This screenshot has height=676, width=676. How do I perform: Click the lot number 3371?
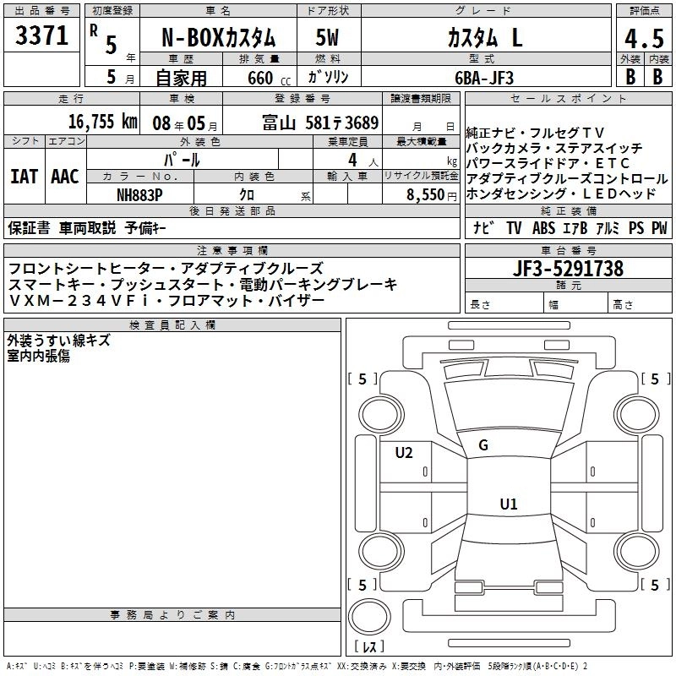42,35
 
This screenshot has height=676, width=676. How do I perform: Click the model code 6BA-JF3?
482,77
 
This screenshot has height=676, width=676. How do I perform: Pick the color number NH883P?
140,194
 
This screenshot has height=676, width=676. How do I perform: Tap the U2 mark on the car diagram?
404,453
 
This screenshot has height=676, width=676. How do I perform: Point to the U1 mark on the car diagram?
508,504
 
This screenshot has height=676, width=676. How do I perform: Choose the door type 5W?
328,38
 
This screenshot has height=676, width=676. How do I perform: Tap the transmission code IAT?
24,177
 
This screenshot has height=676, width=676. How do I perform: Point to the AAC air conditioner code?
65,177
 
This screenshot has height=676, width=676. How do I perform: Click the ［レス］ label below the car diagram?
368,646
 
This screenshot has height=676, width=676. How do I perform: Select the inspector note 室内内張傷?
39,356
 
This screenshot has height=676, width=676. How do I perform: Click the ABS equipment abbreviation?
543,228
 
